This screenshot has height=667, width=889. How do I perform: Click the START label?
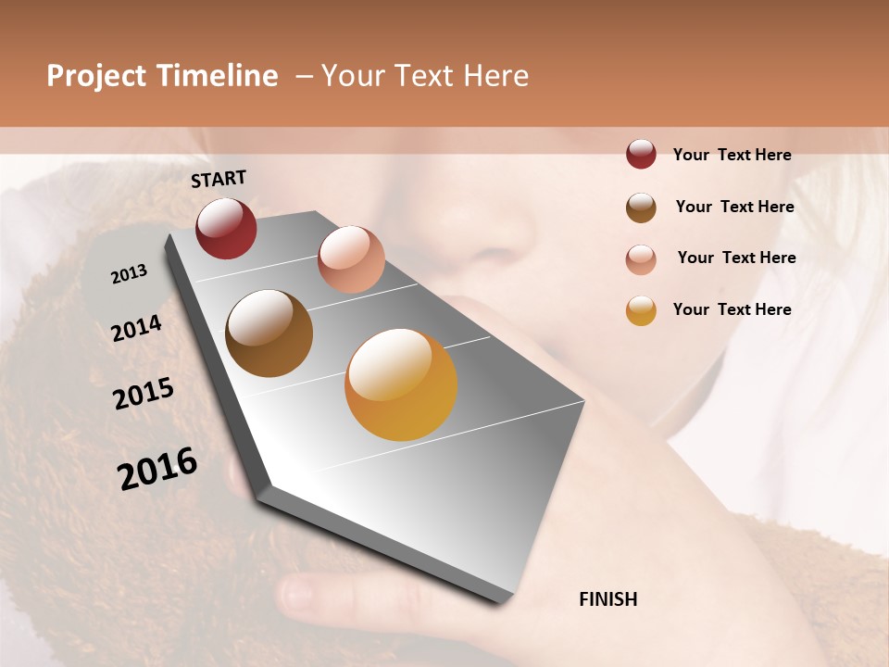(219, 179)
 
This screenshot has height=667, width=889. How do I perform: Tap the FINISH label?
(607, 599)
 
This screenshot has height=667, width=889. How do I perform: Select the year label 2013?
(129, 274)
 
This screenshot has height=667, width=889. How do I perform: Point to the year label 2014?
(136, 329)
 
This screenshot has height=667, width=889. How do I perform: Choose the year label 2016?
(157, 469)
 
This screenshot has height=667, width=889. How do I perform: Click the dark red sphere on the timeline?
(226, 228)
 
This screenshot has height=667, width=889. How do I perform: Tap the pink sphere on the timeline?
(351, 259)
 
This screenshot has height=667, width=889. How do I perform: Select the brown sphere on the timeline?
(269, 333)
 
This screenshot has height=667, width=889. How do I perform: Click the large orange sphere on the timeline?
(401, 384)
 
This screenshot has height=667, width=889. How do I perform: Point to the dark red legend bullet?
(641, 155)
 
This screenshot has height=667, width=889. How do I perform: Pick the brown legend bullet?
(641, 208)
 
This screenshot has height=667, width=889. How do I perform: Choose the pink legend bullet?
(641, 258)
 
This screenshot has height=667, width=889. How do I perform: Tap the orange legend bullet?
(641, 310)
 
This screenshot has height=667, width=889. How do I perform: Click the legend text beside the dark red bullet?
(732, 155)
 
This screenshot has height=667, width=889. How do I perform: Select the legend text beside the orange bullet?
(732, 309)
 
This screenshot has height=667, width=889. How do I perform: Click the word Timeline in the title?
(217, 76)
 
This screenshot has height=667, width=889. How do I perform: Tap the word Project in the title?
(97, 76)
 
